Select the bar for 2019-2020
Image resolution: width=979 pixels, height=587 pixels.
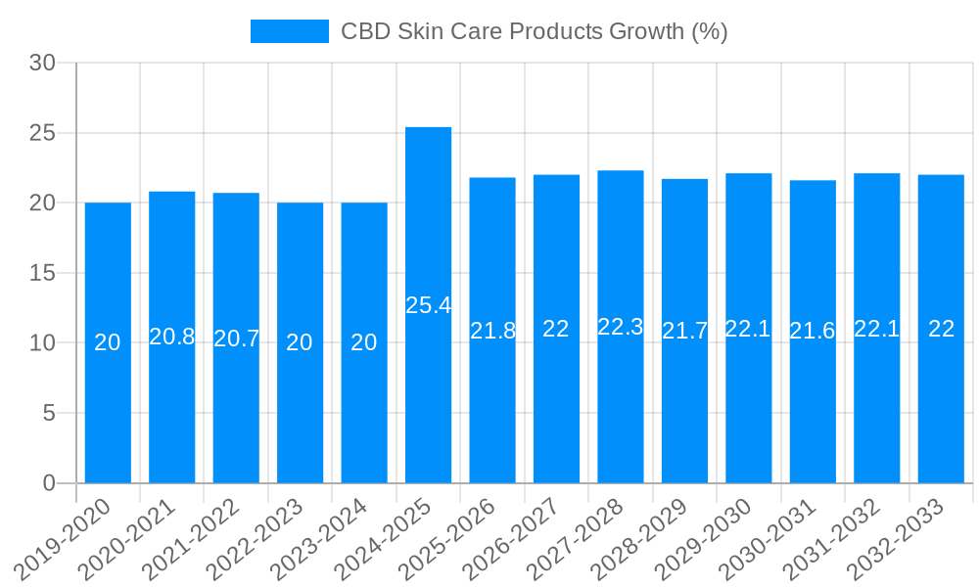[108, 342]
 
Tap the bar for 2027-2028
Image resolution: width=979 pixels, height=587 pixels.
[621, 327]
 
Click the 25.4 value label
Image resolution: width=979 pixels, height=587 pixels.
[428, 305]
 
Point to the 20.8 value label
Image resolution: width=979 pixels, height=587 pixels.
[172, 337]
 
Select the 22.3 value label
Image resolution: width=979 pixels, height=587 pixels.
[621, 327]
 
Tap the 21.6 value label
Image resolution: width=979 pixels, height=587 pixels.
[813, 331]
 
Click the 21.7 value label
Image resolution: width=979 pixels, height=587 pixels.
[684, 331]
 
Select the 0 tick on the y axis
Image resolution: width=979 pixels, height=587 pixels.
[49, 483]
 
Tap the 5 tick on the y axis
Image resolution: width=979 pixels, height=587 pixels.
[49, 413]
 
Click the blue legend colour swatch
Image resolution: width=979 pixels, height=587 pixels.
[290, 31]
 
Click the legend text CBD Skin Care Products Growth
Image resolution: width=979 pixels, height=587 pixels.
[534, 31]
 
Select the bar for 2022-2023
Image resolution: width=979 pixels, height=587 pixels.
[300, 342]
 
